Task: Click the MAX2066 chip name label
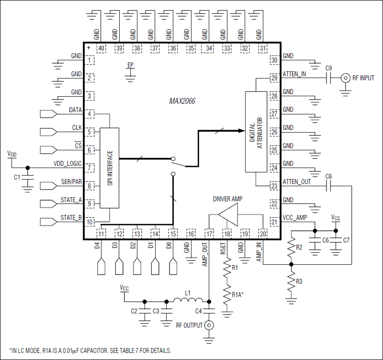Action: [182, 101]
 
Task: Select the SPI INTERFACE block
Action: [109, 168]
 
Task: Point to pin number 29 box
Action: [274, 78]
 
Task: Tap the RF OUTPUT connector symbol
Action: [209, 326]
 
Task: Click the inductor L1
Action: [187, 301]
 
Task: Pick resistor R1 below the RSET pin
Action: [227, 273]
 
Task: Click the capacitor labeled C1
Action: [28, 178]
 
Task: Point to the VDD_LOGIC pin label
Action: [68, 163]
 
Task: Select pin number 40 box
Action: [101, 48]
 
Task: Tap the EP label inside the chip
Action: [131, 65]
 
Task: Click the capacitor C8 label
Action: [328, 177]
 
